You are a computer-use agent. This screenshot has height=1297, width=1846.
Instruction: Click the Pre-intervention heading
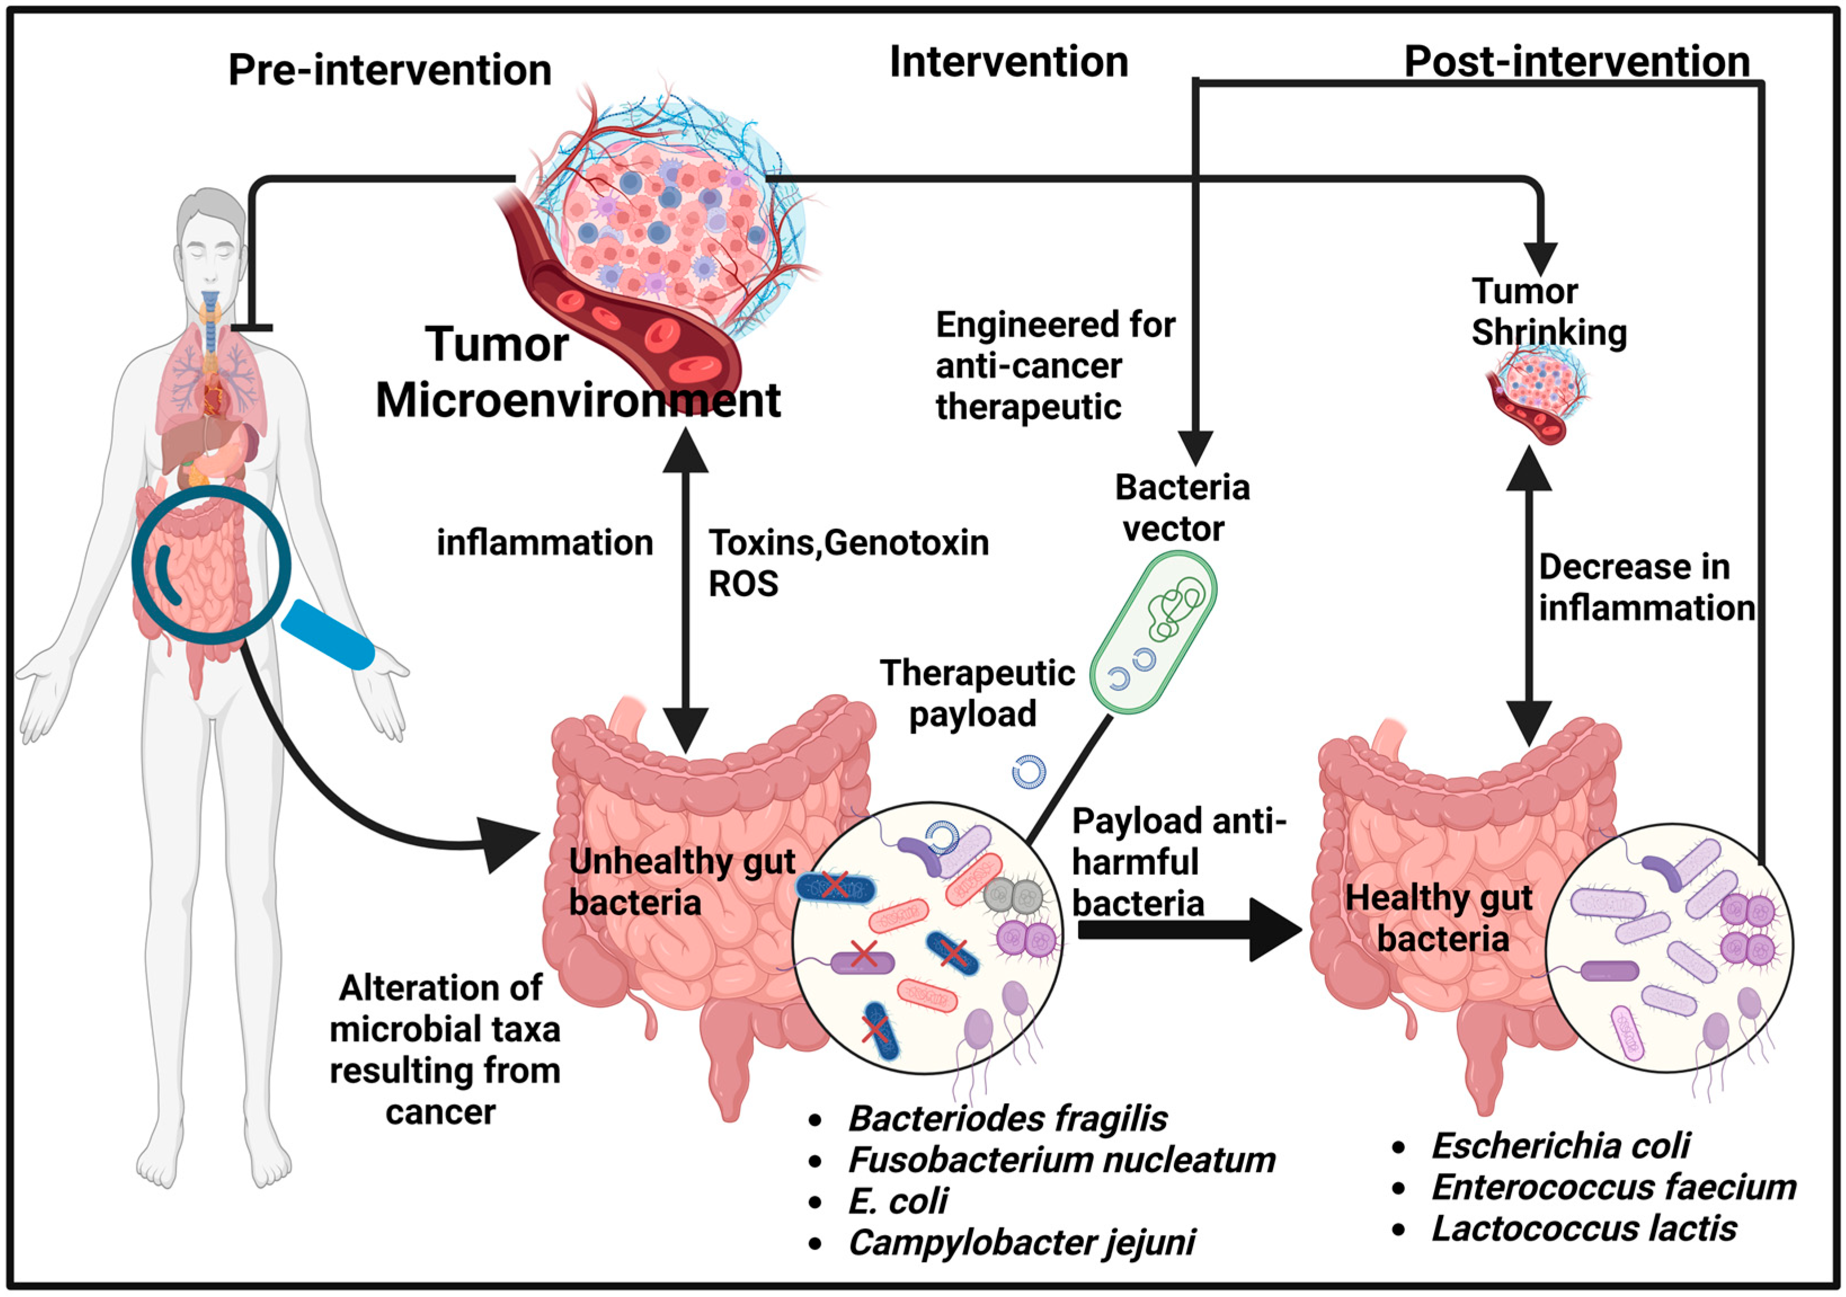click(390, 70)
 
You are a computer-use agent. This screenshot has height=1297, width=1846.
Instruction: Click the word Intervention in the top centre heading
click(1008, 62)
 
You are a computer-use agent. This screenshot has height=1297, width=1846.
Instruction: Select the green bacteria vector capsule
click(1153, 632)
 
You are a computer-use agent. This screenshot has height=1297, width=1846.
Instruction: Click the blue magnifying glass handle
click(328, 635)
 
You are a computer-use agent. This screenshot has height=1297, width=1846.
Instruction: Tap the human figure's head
click(211, 241)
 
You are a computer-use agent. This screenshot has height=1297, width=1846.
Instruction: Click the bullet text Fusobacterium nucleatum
click(1061, 1160)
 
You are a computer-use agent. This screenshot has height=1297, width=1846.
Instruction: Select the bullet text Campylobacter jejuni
click(1021, 1242)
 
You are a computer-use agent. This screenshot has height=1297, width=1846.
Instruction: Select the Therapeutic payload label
click(976, 693)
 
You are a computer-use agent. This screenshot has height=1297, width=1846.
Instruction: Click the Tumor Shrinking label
click(1547, 312)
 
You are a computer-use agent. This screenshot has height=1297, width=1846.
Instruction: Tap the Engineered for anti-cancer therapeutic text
click(1054, 366)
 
